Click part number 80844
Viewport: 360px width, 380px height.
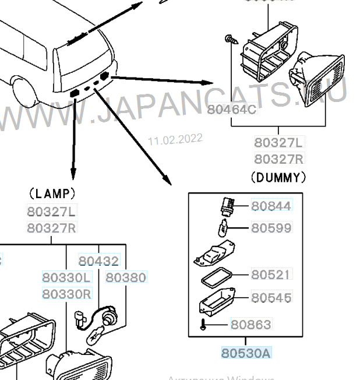271,206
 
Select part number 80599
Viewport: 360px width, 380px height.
271,228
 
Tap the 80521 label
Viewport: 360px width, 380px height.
271,275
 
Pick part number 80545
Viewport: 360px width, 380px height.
271,298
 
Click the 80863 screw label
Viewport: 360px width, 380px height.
250,324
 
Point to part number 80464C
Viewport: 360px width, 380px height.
231,109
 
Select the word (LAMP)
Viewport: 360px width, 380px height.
51,192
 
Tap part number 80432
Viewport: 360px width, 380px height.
98,262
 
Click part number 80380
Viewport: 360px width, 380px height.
126,278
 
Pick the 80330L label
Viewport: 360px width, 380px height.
66,278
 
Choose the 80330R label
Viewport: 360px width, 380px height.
66,294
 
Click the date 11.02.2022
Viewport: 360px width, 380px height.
175,139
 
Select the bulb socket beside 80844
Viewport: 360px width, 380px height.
227,205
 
